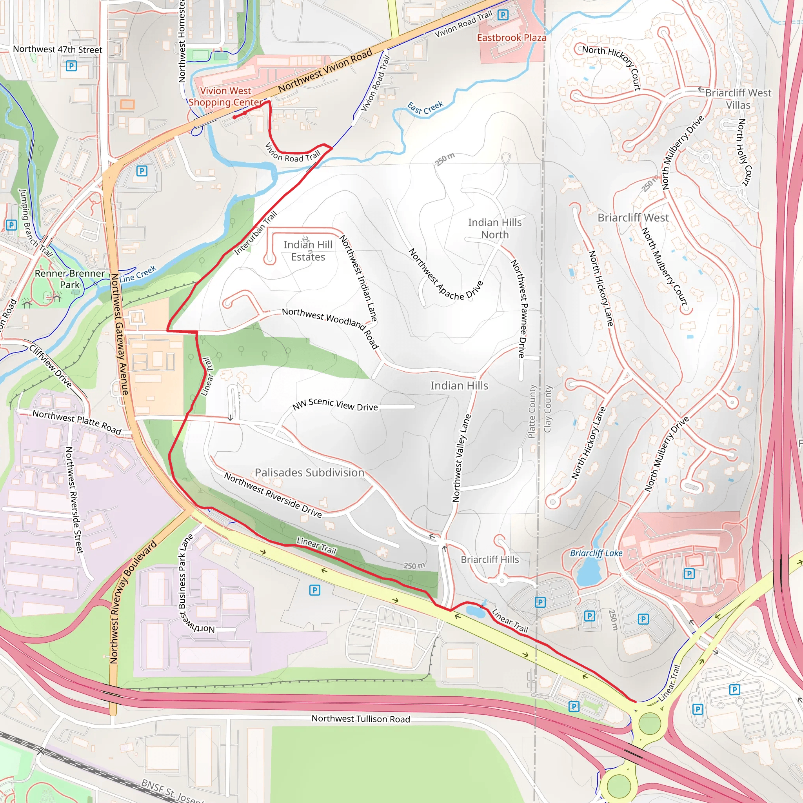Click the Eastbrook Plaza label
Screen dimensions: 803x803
coord(511,38)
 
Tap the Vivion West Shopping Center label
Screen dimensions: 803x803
coord(226,96)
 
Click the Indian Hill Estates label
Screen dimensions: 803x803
coord(308,251)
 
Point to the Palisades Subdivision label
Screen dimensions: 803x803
coord(309,472)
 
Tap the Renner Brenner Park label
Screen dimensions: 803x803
coord(69,279)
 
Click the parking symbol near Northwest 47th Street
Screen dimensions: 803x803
coord(71,65)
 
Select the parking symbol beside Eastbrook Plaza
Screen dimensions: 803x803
coord(503,15)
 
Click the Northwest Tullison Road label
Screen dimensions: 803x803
coord(361,719)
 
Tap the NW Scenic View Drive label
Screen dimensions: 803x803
coord(335,404)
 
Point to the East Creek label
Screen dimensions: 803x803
coord(425,108)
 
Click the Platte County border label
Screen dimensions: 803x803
coord(532,411)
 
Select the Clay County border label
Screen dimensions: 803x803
coord(548,409)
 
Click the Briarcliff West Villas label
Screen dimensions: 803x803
coord(738,99)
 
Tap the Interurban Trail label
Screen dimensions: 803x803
coord(256,233)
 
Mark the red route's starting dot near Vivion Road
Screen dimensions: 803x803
coord(235,117)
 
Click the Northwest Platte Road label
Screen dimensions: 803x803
coord(77,422)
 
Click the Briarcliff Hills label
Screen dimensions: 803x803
coord(490,560)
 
